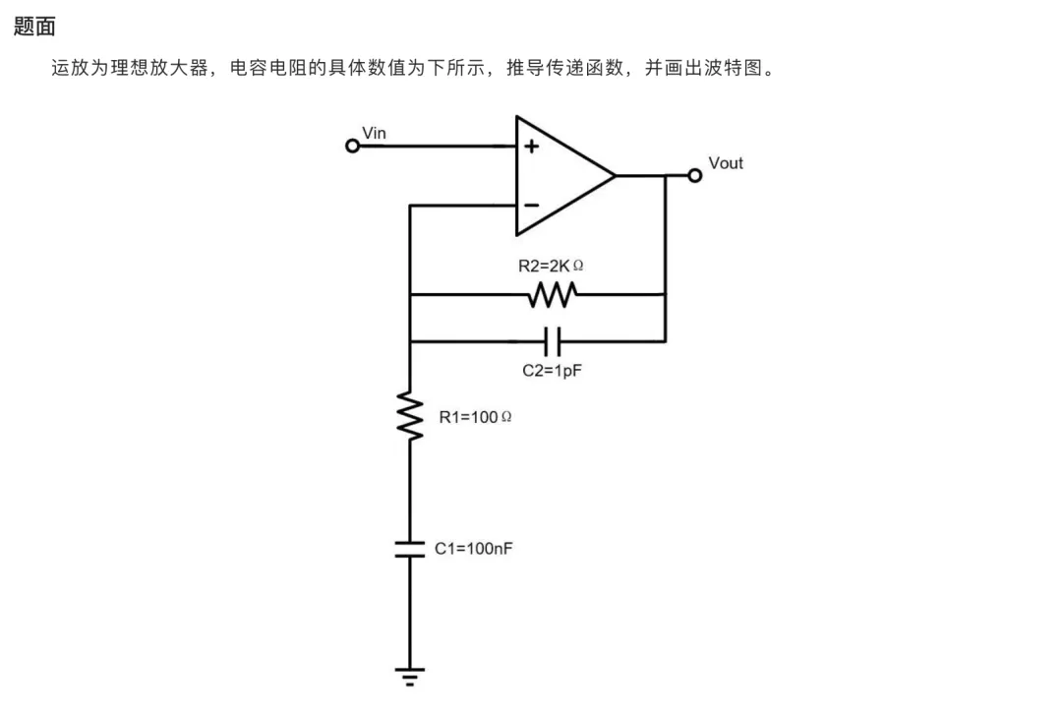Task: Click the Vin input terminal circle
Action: (x=352, y=146)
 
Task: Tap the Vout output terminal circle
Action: (x=694, y=175)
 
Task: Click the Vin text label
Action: (x=374, y=133)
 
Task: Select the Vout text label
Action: (x=726, y=163)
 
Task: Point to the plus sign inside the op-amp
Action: (x=532, y=146)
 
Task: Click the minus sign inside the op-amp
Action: (x=532, y=205)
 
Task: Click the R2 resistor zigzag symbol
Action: (x=552, y=295)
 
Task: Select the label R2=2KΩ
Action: (x=551, y=266)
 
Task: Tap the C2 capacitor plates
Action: (x=553, y=341)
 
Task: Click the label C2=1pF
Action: (x=552, y=371)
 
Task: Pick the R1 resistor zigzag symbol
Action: (x=410, y=415)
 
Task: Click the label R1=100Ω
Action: (x=476, y=417)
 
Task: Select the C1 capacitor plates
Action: (x=410, y=549)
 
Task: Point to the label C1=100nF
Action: (x=473, y=549)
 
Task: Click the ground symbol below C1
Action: (x=410, y=677)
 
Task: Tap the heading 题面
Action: (x=34, y=27)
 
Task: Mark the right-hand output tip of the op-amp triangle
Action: (x=616, y=175)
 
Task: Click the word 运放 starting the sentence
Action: (x=71, y=68)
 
